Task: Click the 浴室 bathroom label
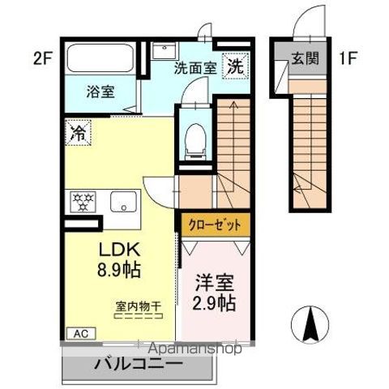100,92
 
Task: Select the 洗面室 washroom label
195,69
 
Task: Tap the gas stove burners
83,200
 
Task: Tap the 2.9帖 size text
214,304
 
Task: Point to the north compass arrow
309,325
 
